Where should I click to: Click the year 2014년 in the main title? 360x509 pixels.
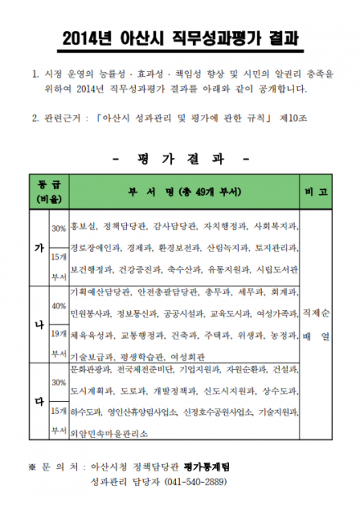pyautogui.click(x=87, y=38)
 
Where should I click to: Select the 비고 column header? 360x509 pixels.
pyautogui.click(x=316, y=191)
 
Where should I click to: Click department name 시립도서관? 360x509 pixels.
pyautogui.click(x=277, y=268)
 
